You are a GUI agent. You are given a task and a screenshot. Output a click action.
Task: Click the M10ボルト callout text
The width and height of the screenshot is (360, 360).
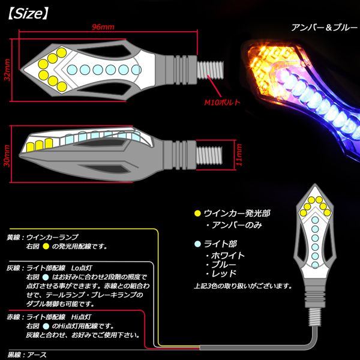pyautogui.click(x=223, y=102)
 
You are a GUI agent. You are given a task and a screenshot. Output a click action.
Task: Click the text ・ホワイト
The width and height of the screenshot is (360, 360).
pyautogui.click(x=228, y=255)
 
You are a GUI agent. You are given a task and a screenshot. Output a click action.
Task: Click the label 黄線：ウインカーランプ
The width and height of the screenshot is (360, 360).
pyautogui.click(x=42, y=238)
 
